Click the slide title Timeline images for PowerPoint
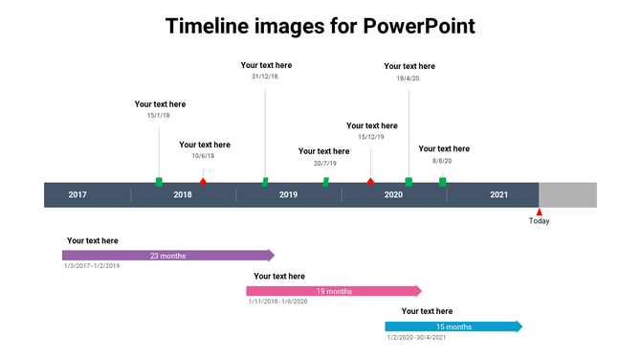click(320, 26)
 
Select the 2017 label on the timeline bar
click(77, 195)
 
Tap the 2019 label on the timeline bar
click(288, 195)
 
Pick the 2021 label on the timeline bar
click(498, 195)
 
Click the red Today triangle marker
click(539, 213)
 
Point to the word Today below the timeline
click(540, 222)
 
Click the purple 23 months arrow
click(167, 256)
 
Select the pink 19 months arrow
click(333, 291)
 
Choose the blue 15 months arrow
click(453, 326)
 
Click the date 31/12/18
click(265, 77)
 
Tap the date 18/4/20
click(408, 79)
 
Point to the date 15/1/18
click(159, 116)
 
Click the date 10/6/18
click(203, 156)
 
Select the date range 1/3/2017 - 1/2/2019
click(92, 266)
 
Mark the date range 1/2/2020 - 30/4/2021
click(417, 337)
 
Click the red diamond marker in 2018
click(202, 181)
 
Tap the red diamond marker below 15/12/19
click(370, 181)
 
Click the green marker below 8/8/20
click(442, 181)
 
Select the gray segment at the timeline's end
click(567, 195)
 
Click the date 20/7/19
click(323, 163)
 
